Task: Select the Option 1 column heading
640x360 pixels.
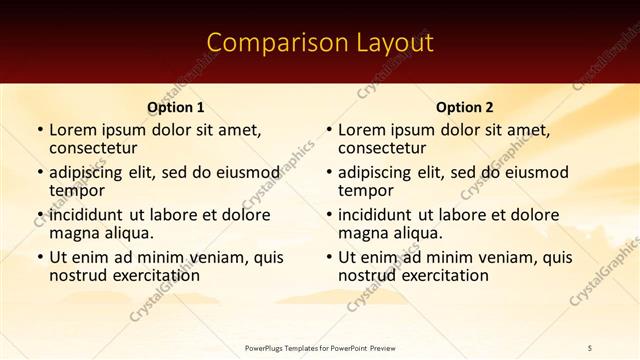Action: click(175, 107)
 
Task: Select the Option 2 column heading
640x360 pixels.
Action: click(464, 107)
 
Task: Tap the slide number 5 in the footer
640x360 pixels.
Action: click(590, 347)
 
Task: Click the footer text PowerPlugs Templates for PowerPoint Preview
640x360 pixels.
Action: click(319, 347)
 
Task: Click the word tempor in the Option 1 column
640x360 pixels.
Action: click(77, 190)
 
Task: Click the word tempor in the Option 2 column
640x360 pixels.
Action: click(366, 190)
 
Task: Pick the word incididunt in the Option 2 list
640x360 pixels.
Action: click(376, 215)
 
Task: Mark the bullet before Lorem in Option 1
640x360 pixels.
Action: click(40, 130)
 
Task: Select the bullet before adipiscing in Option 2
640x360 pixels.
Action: click(329, 173)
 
